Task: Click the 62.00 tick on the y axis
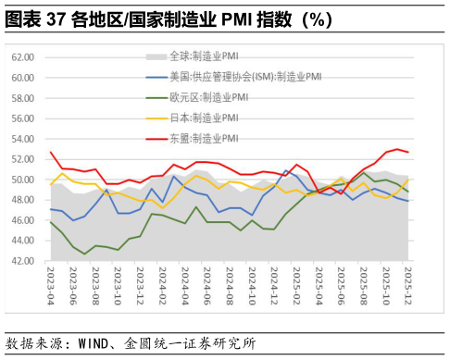21,57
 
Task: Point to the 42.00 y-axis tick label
21,262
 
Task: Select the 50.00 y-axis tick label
21,180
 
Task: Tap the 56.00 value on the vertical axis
21,118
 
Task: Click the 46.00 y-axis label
21,221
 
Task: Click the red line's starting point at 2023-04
51,153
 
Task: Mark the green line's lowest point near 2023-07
86,254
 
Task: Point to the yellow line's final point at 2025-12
408,180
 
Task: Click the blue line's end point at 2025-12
408,201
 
